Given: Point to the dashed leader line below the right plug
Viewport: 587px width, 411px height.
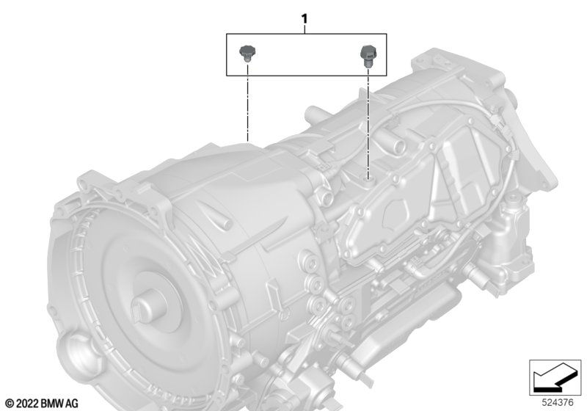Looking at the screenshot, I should pyautogui.click(x=367, y=117).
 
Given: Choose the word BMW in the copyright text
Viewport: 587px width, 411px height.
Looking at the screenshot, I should pyautogui.click(x=51, y=403).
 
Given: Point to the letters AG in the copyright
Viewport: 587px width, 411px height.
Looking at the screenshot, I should pyautogui.click(x=71, y=403).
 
